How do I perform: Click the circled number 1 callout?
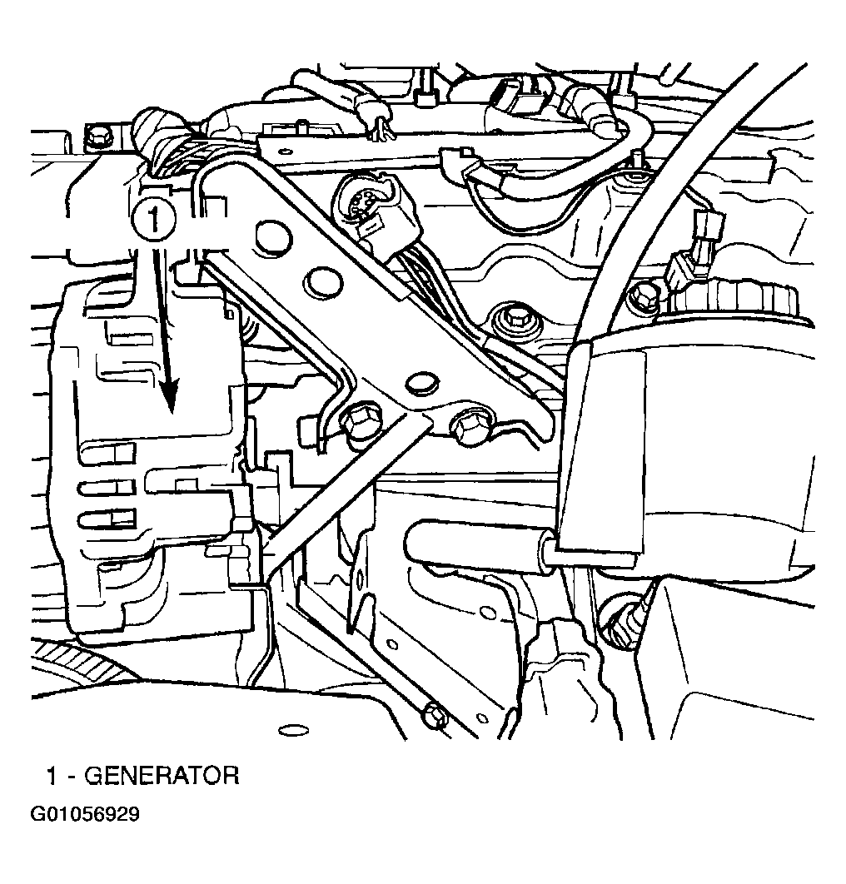(x=153, y=219)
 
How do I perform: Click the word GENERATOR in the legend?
(x=162, y=776)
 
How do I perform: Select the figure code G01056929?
(x=85, y=815)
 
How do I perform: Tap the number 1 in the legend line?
(x=52, y=776)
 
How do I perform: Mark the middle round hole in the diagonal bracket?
(x=321, y=281)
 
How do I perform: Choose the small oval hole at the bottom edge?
(x=293, y=731)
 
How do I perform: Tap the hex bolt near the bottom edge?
(x=436, y=715)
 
